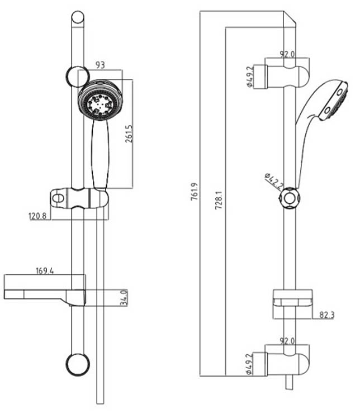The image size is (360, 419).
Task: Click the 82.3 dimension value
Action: pos(326,315)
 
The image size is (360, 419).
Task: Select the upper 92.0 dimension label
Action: pos(287,55)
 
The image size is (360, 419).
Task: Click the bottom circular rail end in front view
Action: pos(78,364)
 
